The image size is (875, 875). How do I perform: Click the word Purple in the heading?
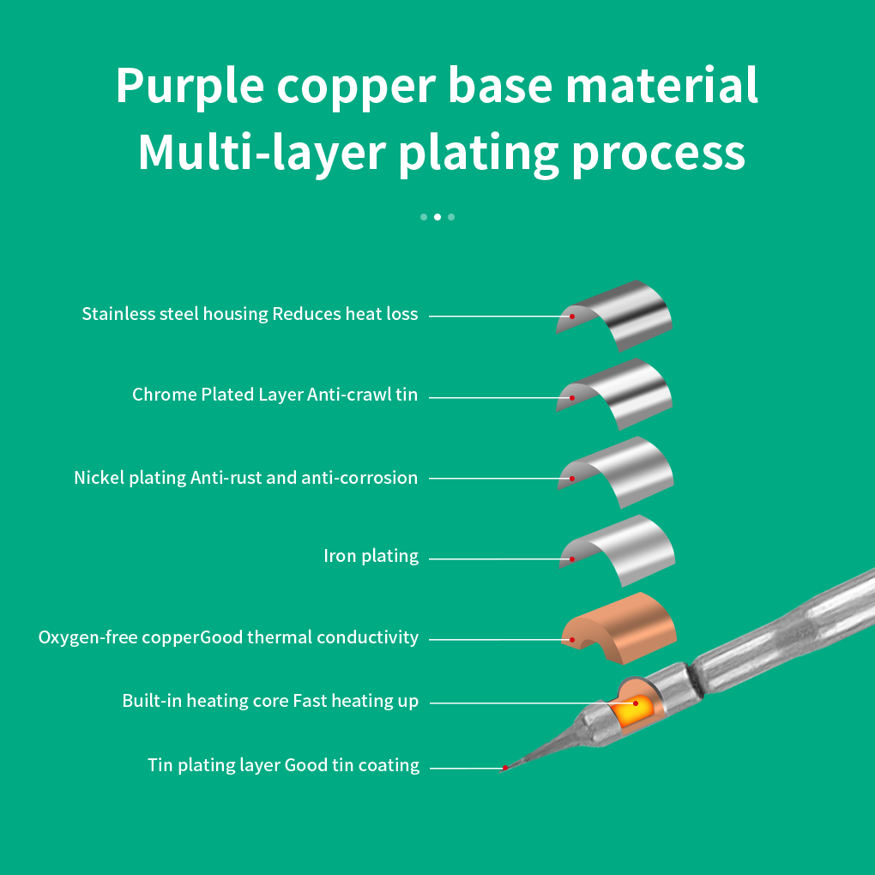pos(190,87)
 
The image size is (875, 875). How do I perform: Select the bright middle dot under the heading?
pos(437,217)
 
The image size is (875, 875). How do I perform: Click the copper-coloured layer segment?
pos(619,628)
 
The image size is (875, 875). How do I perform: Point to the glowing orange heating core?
pos(632,710)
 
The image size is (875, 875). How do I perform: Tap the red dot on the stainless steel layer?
pos(572,317)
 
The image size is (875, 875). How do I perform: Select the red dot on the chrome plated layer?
pos(572,398)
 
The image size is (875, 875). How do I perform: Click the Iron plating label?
pos(371,557)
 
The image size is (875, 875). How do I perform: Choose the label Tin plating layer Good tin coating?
pos(283,765)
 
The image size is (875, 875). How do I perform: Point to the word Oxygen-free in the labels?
pos(87,637)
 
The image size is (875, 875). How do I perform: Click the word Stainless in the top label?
pos(118,314)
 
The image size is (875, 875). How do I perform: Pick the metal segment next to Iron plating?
pos(619,550)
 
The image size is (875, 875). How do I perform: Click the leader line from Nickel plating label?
pos(499,478)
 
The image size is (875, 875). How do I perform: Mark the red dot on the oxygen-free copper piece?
pos(572,639)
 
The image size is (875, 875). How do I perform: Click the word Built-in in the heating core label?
pos(152,701)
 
